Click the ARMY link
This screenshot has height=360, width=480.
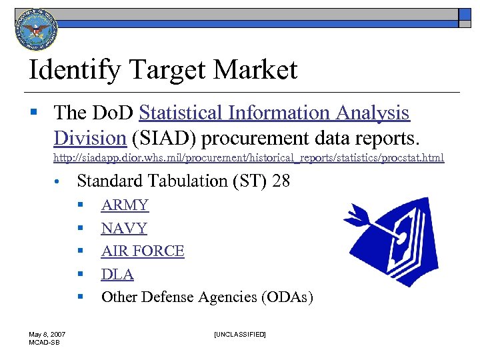tap(125, 205)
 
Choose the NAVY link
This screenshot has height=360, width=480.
tap(124, 228)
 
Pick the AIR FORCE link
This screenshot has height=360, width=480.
tap(143, 251)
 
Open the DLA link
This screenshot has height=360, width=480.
tap(117, 274)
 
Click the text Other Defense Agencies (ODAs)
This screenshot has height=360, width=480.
tap(207, 297)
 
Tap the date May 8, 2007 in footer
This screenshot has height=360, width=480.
tap(46, 334)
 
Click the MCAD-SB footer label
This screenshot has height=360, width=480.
tap(43, 342)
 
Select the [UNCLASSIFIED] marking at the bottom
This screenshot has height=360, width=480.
tap(239, 334)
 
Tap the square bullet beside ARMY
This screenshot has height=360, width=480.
tap(79, 205)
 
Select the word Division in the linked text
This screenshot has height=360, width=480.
tap(90, 138)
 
